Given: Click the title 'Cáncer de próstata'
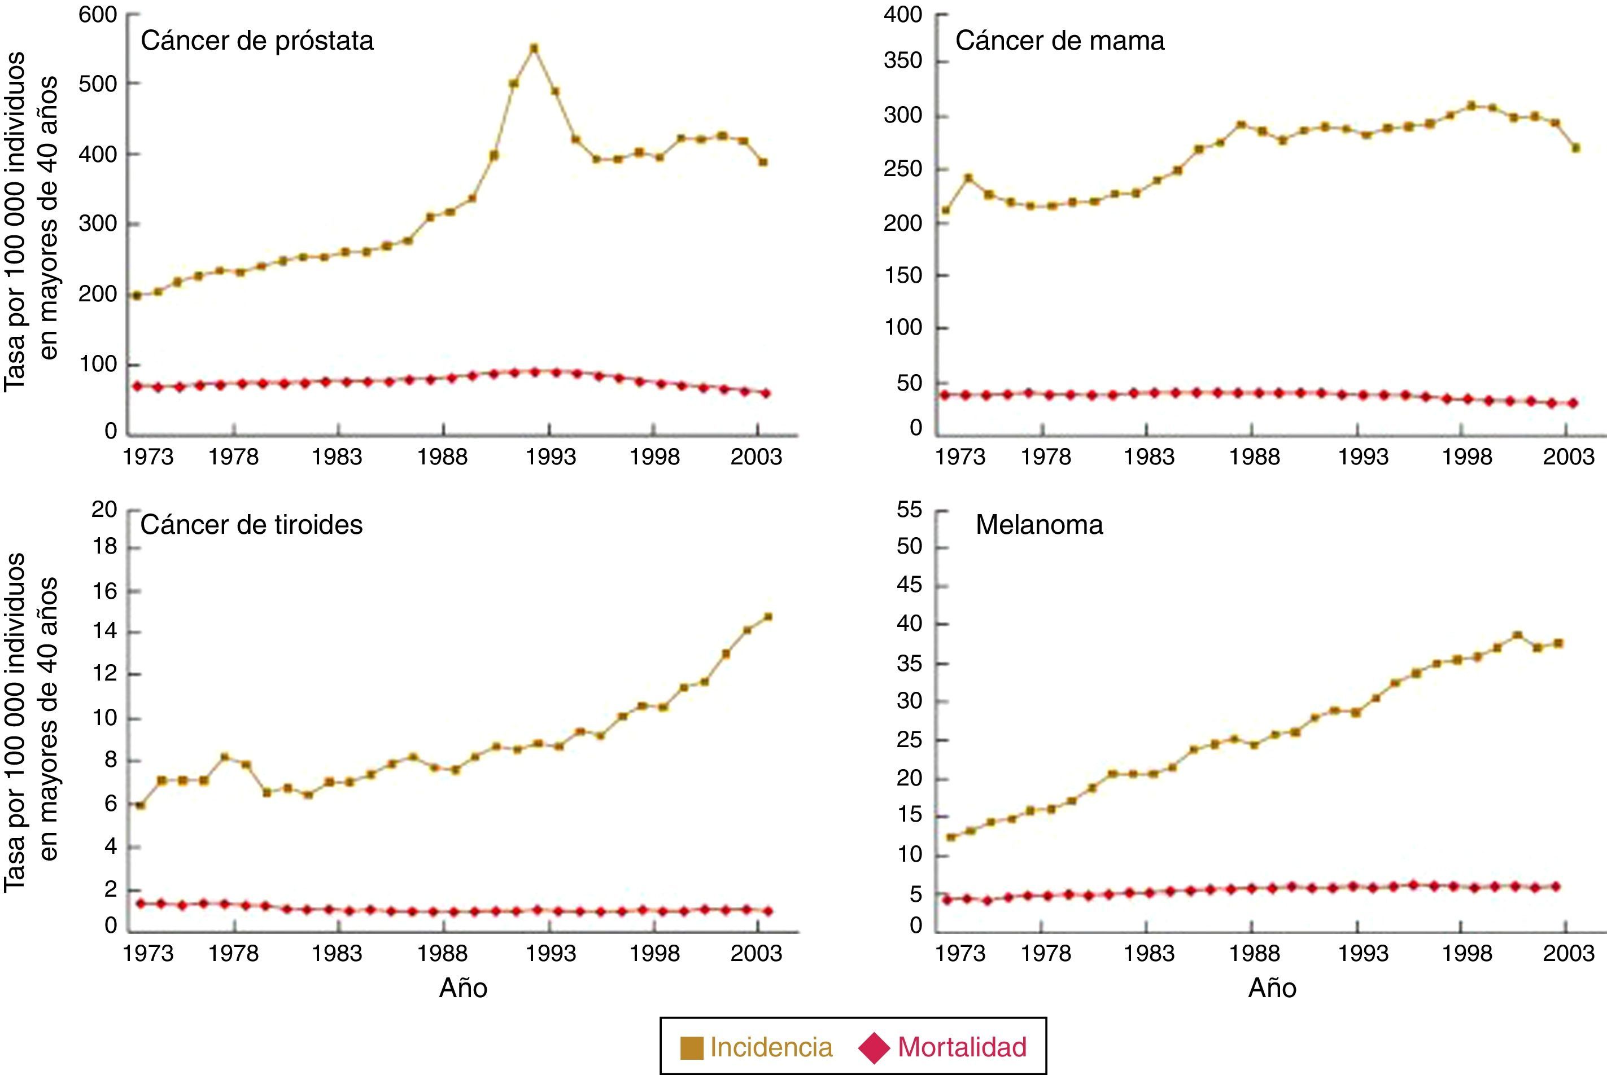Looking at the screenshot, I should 257,41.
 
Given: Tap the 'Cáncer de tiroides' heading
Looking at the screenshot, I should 251,525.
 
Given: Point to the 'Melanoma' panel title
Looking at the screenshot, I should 1039,525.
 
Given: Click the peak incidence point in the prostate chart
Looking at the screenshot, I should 534,49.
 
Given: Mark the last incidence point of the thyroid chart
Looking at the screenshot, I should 768,617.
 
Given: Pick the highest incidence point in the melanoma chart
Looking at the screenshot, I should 1517,635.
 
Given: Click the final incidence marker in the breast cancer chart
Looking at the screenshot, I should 1576,147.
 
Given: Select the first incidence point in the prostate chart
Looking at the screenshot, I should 137,296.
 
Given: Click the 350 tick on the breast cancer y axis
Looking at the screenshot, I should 903,62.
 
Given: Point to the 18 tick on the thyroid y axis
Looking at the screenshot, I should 105,547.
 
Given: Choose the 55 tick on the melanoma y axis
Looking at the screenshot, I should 910,510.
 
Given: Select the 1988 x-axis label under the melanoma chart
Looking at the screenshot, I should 1254,954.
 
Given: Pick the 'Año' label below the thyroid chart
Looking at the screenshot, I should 463,988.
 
